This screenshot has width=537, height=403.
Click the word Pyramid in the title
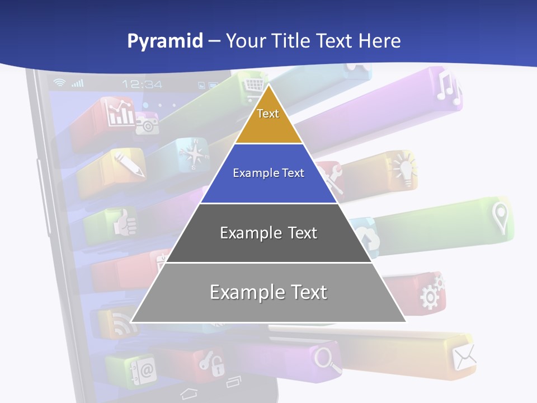click(165, 41)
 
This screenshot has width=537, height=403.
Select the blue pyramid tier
click(268, 174)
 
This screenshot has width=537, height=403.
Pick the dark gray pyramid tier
click(268, 233)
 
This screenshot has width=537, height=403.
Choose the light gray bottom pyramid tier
click(268, 293)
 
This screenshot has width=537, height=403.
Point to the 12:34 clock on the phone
click(142, 85)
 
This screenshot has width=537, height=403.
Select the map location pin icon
click(500, 217)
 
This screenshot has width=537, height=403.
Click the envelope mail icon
click(464, 357)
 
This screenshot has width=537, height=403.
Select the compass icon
click(192, 154)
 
